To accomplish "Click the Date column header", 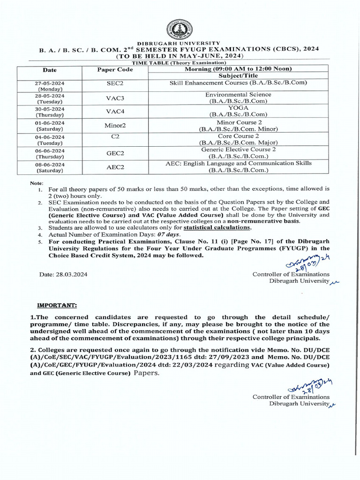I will tap(50, 70).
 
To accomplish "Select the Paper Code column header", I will tap(115, 70).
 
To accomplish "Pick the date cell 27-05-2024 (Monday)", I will tap(50, 85).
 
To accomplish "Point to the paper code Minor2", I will tap(115, 126).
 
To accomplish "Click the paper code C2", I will tap(115, 136).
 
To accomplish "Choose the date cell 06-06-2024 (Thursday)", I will tap(50, 153).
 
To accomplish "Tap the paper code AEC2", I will tap(115, 167).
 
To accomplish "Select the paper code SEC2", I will tap(115, 83).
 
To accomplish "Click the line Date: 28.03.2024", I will tap(63, 274).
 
